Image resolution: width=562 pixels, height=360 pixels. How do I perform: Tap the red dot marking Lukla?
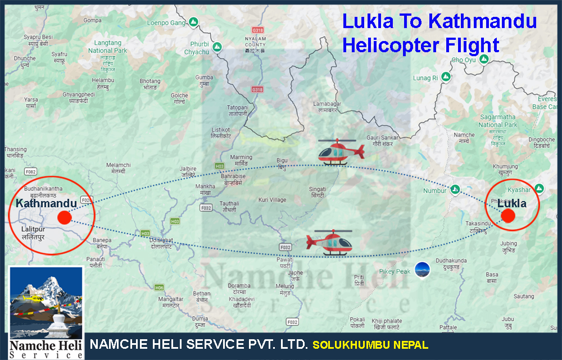[x=508, y=216]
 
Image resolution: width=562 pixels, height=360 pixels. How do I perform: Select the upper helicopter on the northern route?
[x=337, y=152]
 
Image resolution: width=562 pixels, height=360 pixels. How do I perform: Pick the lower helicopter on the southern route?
[x=330, y=242]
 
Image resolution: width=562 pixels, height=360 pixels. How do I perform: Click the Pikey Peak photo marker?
[x=421, y=270]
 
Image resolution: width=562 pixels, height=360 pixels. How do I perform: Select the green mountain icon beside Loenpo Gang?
[x=193, y=22]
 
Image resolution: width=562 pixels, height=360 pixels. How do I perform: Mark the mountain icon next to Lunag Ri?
[x=446, y=77]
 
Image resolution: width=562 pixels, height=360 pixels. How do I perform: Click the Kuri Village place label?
[x=272, y=200]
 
